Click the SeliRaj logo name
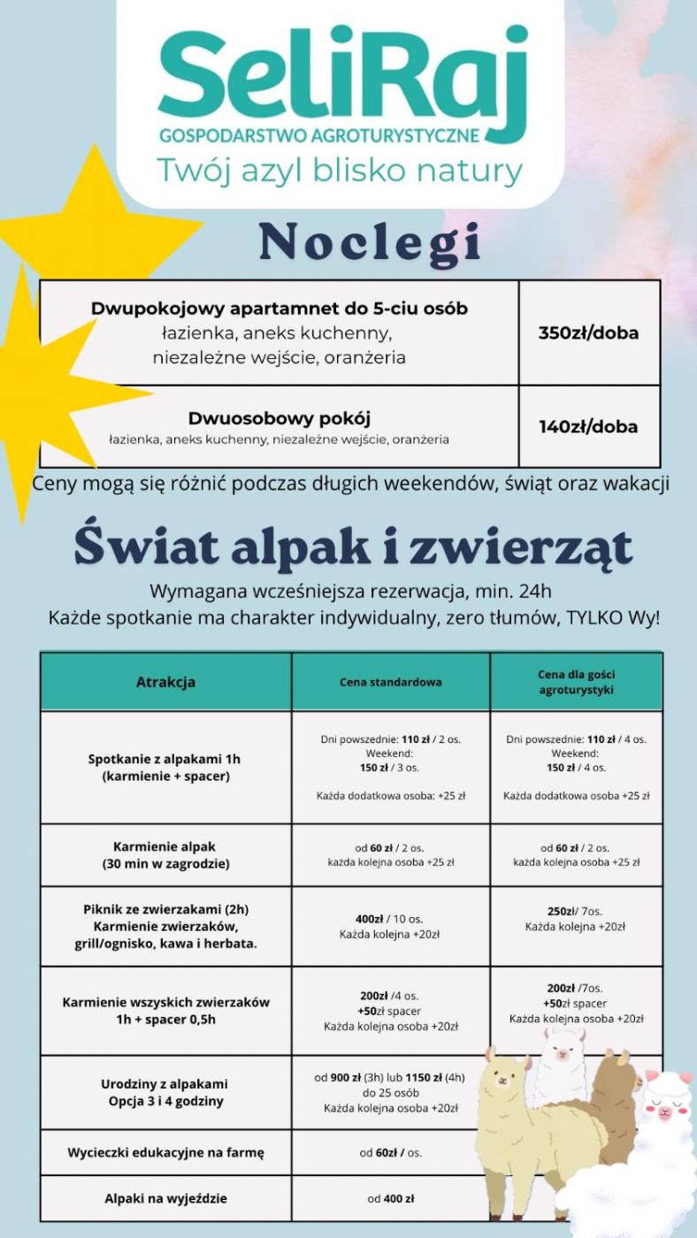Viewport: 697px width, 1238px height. click(341, 78)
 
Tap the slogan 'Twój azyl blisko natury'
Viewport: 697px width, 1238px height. click(340, 170)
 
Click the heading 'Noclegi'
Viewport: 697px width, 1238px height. click(370, 243)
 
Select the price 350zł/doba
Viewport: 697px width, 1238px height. click(588, 333)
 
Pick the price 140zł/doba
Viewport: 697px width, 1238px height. click(588, 426)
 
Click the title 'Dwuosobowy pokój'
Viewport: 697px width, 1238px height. click(279, 417)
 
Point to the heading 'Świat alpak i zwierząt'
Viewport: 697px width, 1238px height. click(353, 546)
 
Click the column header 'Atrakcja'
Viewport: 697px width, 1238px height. click(165, 682)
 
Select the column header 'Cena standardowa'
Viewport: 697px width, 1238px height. click(390, 682)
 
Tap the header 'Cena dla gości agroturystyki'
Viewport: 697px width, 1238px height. click(576, 682)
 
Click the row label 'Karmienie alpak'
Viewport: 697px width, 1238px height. click(165, 846)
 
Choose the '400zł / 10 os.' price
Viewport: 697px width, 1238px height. click(390, 919)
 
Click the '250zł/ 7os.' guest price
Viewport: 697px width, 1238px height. click(575, 911)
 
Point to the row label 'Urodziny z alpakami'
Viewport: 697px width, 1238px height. click(165, 1083)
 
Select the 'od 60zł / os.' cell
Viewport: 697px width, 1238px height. click(390, 1152)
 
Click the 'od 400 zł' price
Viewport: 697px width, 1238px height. click(390, 1199)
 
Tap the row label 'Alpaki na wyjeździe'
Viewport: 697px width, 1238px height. click(165, 1199)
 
